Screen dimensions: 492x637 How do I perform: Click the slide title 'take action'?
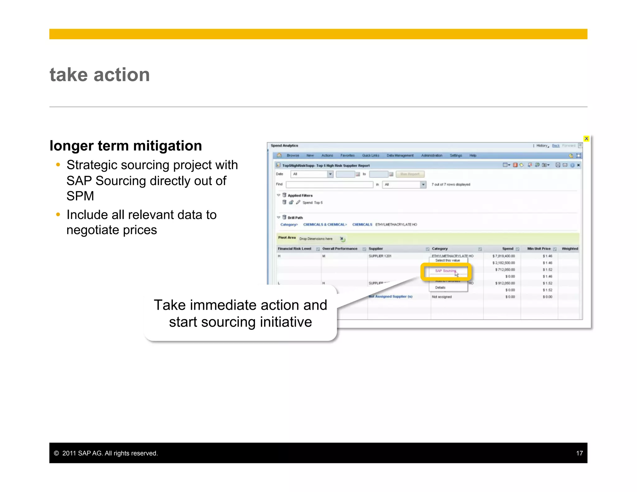point(100,75)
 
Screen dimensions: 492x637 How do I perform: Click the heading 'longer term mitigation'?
point(126,146)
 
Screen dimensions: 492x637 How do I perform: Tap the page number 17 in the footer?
point(579,453)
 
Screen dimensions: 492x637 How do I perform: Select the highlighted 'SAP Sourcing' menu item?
point(445,271)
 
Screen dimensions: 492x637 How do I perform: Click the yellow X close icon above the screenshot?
point(586,139)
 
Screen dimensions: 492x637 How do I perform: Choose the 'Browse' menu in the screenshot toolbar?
point(293,155)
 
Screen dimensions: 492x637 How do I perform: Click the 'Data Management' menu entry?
point(400,155)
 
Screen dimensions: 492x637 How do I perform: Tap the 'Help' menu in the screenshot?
point(473,155)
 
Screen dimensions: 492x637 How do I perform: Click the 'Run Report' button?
point(410,174)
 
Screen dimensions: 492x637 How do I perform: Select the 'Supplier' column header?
point(376,249)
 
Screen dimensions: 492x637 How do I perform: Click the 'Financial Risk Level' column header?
point(294,249)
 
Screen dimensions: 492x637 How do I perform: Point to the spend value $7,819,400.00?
point(504,256)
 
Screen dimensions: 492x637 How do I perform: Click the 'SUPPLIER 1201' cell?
point(380,256)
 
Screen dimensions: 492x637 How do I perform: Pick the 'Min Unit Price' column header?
point(539,249)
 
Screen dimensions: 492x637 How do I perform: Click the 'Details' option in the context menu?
point(440,288)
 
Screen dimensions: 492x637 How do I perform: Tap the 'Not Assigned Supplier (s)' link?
point(391,297)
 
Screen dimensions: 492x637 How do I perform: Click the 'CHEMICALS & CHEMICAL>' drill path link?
point(325,225)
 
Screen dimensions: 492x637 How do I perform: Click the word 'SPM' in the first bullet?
point(80,196)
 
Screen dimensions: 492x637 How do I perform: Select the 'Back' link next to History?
point(556,146)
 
